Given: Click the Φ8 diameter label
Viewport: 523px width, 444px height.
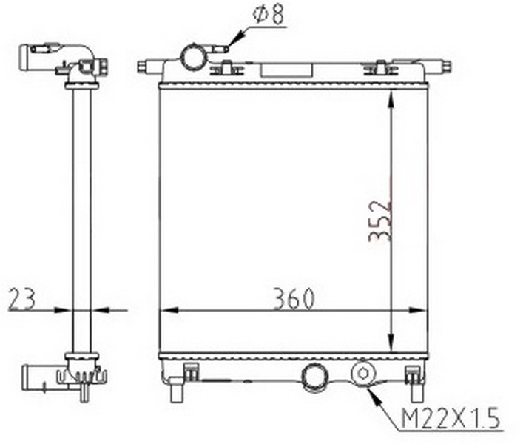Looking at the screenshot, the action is (x=269, y=14).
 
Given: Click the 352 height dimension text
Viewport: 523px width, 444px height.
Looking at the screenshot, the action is (x=379, y=221).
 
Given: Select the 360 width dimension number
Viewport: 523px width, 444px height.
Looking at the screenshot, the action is (x=294, y=298).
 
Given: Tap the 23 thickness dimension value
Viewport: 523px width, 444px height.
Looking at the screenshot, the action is (x=21, y=299).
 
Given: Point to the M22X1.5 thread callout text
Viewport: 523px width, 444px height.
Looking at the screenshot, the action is (x=451, y=419).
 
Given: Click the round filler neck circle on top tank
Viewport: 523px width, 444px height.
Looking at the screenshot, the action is (x=192, y=58).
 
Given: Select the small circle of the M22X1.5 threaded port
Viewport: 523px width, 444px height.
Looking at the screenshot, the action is (x=363, y=373).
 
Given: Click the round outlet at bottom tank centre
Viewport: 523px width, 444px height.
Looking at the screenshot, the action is (x=314, y=377).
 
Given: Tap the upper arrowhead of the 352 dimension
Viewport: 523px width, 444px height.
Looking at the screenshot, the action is (x=391, y=98).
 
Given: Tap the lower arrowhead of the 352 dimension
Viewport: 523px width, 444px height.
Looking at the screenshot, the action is (x=391, y=343).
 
